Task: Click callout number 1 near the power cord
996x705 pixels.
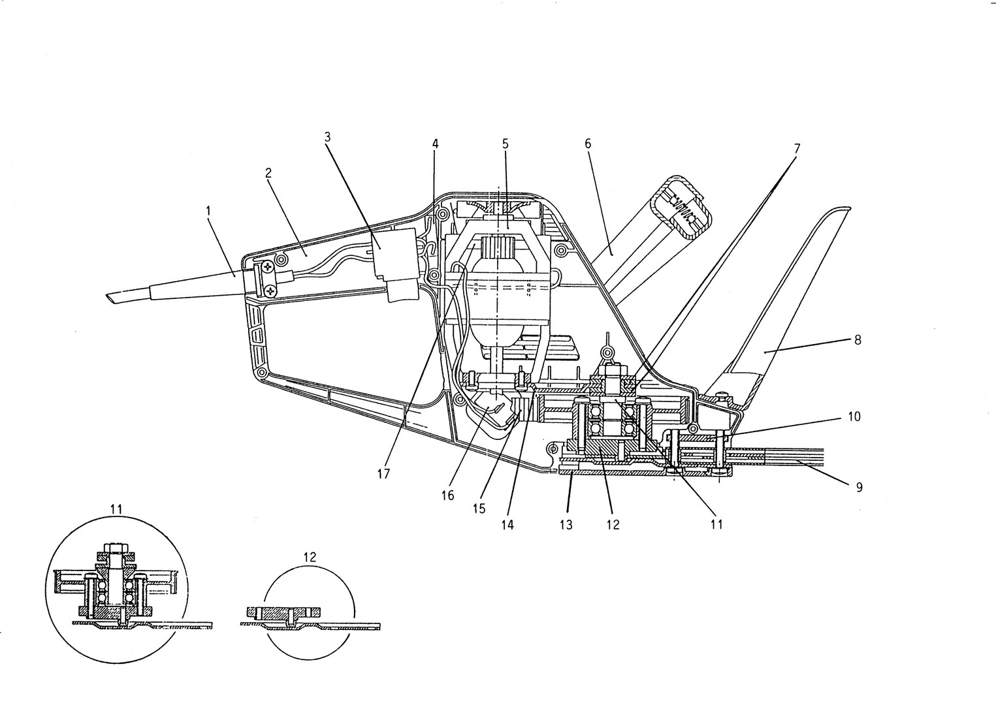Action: (x=208, y=211)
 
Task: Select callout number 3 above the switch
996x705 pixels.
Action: (x=327, y=137)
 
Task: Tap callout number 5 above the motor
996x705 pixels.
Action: (x=505, y=144)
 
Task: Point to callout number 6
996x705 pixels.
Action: (x=588, y=144)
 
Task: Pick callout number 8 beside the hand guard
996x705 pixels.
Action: (x=858, y=339)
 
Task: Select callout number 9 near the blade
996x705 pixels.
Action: (x=859, y=487)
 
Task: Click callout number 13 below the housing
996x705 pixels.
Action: (x=566, y=525)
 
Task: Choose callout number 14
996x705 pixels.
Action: (x=507, y=525)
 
